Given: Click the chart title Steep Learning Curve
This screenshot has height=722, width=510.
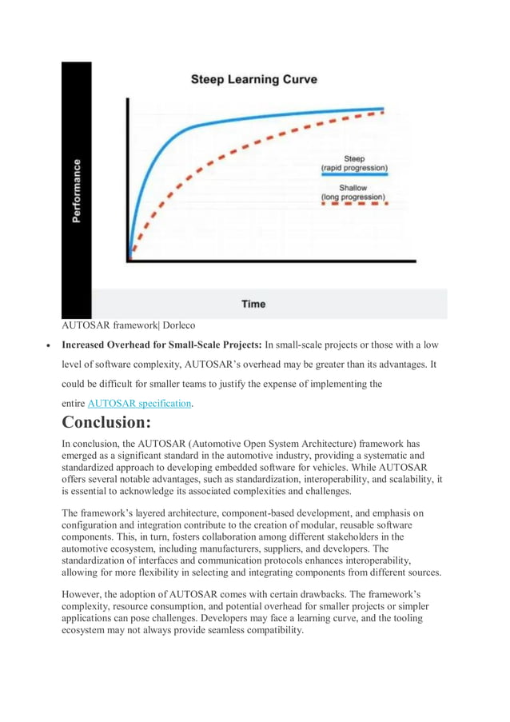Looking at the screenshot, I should tap(253, 79).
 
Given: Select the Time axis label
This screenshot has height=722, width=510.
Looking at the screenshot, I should tap(253, 304).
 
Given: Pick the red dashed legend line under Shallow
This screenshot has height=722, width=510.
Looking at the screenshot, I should tap(353, 204).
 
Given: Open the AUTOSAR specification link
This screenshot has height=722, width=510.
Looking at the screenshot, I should tap(140, 404).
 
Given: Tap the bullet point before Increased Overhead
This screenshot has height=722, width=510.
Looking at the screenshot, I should tap(50, 347).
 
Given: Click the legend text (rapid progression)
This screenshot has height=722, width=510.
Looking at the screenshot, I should tap(353, 168).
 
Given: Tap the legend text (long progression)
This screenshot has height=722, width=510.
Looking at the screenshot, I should tap(353, 197).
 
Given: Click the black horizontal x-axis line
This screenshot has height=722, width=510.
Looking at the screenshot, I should tap(272, 261).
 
